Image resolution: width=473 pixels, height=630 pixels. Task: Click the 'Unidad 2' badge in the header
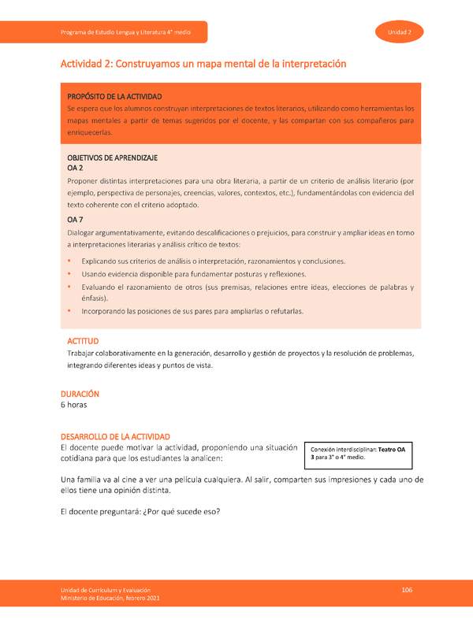tap(400, 31)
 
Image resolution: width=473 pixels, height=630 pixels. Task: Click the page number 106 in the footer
tap(407, 590)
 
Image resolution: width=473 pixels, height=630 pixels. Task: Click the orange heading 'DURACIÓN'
tap(81, 393)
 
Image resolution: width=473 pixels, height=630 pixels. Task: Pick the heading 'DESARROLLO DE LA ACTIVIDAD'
tap(121, 436)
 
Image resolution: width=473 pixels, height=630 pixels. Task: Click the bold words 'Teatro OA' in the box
tap(392, 449)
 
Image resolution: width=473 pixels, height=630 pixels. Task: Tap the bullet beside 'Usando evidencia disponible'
tap(69, 274)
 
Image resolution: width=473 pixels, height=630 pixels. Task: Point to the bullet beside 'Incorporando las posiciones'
tap(69, 311)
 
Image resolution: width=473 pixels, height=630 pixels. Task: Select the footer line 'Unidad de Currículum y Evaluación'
tap(107, 590)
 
